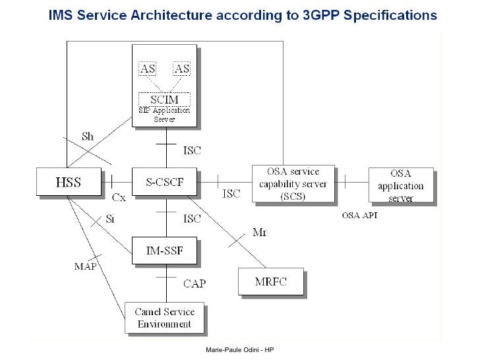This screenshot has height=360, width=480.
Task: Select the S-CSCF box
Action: [165, 181]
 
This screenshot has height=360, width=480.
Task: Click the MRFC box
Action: [271, 282]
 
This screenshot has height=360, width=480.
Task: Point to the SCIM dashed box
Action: [165, 100]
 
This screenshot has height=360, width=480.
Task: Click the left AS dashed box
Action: [149, 69]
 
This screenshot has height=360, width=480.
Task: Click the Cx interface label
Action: [119, 197]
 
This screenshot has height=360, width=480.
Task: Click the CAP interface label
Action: [195, 284]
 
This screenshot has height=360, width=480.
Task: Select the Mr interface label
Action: [260, 232]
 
